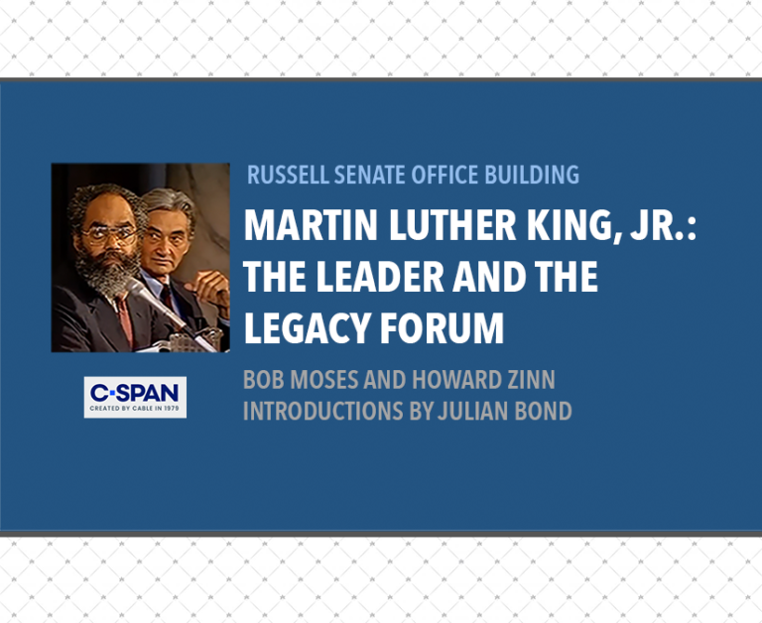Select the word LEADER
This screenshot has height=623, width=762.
[x=380, y=276]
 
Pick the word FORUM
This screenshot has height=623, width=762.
[x=442, y=328]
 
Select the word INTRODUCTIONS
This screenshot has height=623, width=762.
[x=323, y=411]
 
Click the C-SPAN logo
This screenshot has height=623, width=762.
[x=135, y=397]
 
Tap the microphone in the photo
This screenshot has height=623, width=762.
[x=155, y=303]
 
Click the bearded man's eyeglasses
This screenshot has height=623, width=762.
[x=109, y=235]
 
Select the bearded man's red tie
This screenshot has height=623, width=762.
[x=125, y=320]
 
